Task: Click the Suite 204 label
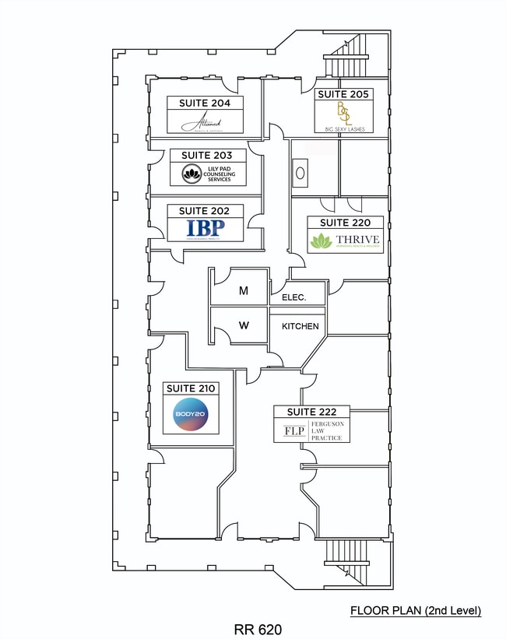tap(206, 103)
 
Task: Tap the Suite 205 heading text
tap(343, 94)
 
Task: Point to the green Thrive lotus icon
tap(320, 242)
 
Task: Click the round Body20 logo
tap(191, 415)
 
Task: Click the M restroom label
tap(244, 291)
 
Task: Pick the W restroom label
tap(244, 326)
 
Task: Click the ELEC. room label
tap(288, 298)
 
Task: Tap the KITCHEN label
tap(300, 326)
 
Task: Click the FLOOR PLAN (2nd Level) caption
tap(416, 611)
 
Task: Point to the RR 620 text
tap(258, 628)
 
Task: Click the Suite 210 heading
tap(190, 388)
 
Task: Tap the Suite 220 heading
tap(346, 223)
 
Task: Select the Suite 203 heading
tap(208, 156)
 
